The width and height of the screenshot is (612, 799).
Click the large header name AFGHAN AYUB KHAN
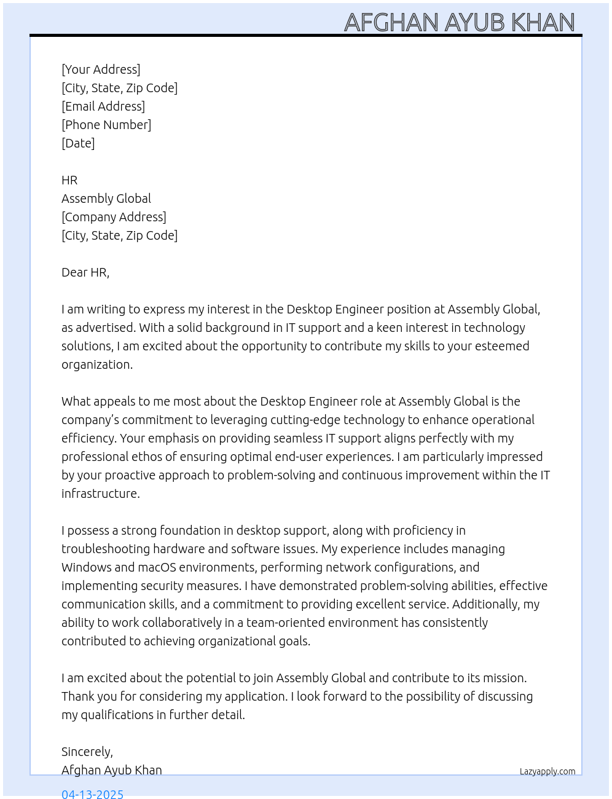[459, 23]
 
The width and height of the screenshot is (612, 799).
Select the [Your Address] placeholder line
[101, 69]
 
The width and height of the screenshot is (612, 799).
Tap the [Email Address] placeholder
[103, 106]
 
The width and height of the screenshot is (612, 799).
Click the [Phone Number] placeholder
[106, 125]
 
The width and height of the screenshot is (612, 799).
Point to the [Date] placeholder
[78, 143]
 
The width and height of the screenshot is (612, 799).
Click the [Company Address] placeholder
[114, 217]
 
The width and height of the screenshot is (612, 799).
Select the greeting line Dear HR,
[85, 272]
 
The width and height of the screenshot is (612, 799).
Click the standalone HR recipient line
[69, 180]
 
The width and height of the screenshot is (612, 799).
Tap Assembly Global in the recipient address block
[106, 199]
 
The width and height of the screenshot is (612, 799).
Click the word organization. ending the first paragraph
[97, 364]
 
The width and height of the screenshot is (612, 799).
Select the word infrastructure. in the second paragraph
[101, 494]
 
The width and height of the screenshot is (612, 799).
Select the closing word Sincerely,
[87, 752]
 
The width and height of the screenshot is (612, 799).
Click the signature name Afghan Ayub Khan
[112, 770]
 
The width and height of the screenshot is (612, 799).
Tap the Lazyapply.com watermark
[547, 771]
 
